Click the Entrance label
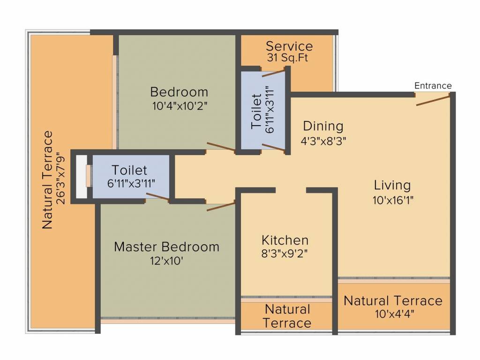[x=433, y=86]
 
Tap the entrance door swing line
[x=433, y=101]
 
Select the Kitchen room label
[x=285, y=240]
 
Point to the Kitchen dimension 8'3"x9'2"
[x=285, y=254]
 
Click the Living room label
[x=392, y=186]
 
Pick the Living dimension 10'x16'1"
[x=393, y=200]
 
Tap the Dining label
[x=323, y=126]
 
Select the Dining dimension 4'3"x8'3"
[x=323, y=141]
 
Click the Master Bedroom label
[x=166, y=247]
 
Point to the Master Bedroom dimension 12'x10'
[x=166, y=261]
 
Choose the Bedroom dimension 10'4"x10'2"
[x=180, y=106]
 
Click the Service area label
[x=289, y=46]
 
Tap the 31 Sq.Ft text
[x=287, y=58]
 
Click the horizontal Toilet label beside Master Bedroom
[x=129, y=170]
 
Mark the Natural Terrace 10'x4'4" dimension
[x=395, y=314]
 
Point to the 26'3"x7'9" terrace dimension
[x=61, y=180]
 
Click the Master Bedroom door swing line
[x=221, y=206]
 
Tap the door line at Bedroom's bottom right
[x=221, y=146]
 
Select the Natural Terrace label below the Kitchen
[x=287, y=316]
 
